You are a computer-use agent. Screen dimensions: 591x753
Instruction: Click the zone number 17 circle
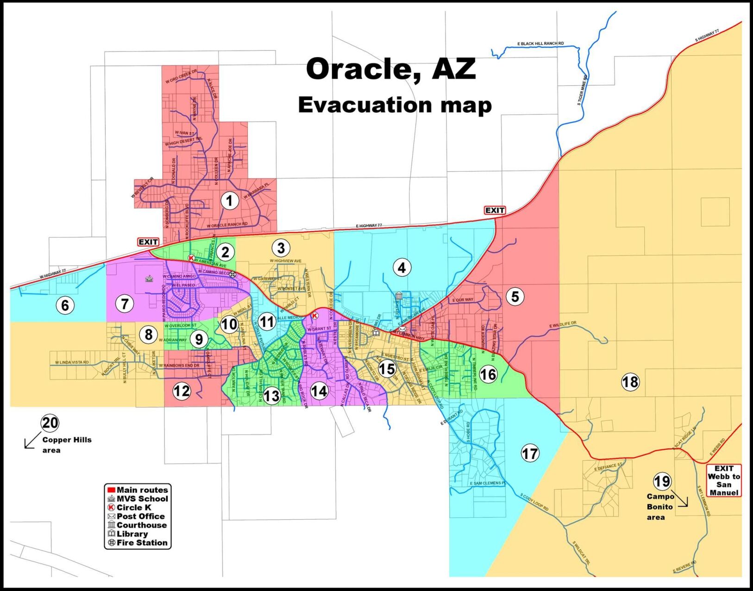(x=530, y=453)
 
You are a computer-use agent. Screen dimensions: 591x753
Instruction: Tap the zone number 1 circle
(x=229, y=201)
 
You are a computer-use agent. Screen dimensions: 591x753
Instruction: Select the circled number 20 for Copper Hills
(x=50, y=423)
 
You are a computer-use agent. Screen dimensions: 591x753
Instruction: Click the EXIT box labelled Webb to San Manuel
(x=724, y=481)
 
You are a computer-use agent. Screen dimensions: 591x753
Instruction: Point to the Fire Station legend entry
(x=137, y=543)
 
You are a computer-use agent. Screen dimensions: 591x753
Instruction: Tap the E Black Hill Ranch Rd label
(x=540, y=44)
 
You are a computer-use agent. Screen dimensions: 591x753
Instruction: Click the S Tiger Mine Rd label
(x=582, y=90)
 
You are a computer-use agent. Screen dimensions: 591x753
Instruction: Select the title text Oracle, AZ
(x=390, y=70)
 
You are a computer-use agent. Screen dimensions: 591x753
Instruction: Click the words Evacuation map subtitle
(x=394, y=105)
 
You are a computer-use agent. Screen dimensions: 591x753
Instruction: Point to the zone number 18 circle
(x=630, y=382)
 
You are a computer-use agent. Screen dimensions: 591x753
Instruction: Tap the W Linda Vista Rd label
(x=72, y=362)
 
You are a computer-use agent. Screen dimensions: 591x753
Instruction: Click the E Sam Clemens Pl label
(x=488, y=483)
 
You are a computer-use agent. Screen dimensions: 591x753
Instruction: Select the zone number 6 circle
(x=65, y=305)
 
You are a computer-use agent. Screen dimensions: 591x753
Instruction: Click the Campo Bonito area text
(x=659, y=507)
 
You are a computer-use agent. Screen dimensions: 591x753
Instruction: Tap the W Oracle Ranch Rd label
(x=227, y=225)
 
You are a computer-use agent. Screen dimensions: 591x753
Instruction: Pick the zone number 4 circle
(x=402, y=267)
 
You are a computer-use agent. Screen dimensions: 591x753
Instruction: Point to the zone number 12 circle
(x=182, y=391)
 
